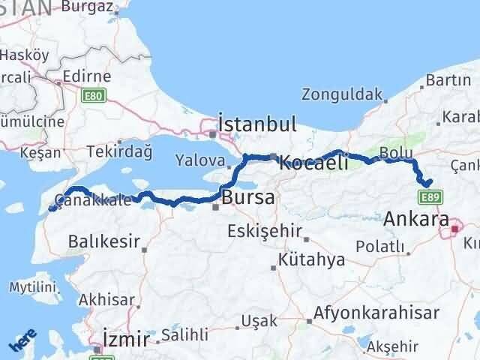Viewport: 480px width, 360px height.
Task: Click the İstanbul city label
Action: point(256,123)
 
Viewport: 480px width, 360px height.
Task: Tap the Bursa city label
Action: point(249,198)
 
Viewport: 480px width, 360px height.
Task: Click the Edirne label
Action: point(86,76)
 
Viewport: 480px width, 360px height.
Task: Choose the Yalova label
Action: point(199,160)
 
